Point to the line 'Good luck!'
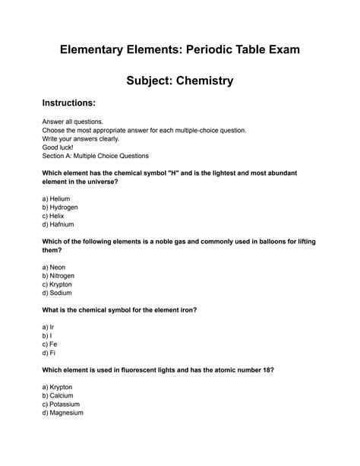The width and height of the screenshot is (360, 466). (x=61, y=147)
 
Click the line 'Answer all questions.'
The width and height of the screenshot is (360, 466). (x=77, y=121)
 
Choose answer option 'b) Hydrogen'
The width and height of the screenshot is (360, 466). (x=60, y=207)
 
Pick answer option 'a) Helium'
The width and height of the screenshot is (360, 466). (x=56, y=198)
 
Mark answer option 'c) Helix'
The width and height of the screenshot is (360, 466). (x=55, y=216)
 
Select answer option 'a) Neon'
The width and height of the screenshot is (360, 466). (x=55, y=268)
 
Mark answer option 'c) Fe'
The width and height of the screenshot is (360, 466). (x=50, y=344)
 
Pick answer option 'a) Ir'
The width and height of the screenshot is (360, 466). (x=49, y=326)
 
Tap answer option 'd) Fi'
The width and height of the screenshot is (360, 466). (x=49, y=353)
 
